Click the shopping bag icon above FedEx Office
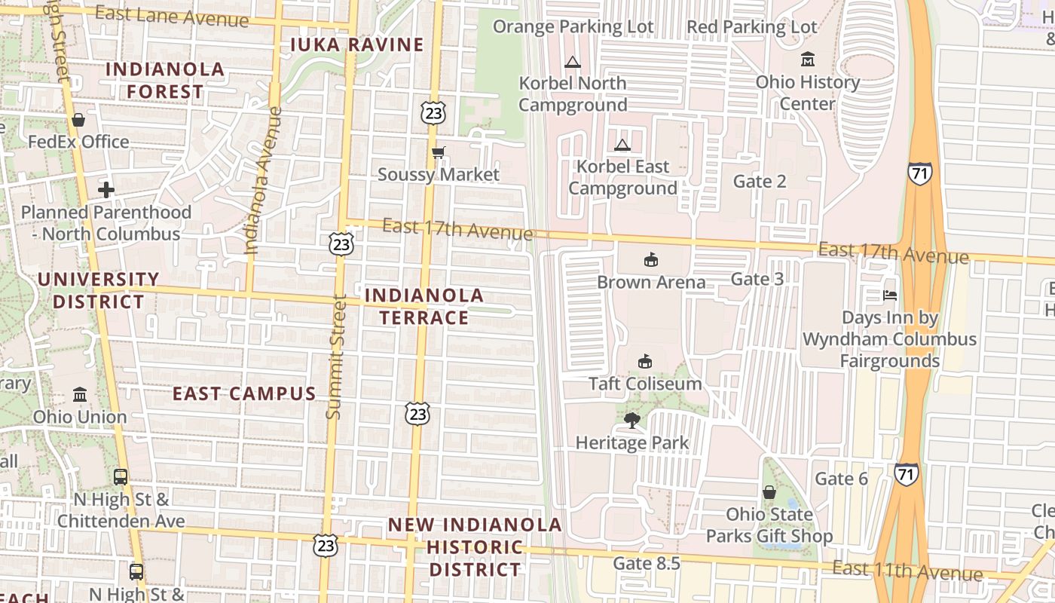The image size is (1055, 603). tap(78, 120)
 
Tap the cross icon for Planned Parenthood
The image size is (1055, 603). tap(106, 190)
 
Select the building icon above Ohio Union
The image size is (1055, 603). tap(80, 394)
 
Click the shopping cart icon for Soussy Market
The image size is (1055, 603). tap(438, 153)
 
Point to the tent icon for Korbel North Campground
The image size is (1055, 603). tap(573, 62)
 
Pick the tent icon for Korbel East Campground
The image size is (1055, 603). tap(622, 145)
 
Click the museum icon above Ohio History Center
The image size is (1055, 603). tap(808, 59)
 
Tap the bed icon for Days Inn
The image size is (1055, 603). tap(890, 295)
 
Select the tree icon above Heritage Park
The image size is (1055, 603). tap(632, 420)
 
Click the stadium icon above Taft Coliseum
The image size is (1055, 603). tap(645, 362)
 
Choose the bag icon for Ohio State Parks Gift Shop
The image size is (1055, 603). tap(769, 493)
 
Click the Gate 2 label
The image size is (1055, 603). tap(760, 181)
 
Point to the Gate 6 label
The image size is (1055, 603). tap(842, 479)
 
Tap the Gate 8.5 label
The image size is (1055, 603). tap(647, 563)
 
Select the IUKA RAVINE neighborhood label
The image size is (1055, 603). tap(357, 44)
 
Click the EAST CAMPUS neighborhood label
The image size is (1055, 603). tap(244, 393)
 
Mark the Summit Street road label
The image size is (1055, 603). tap(336, 358)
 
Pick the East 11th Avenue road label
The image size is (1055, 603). tap(907, 571)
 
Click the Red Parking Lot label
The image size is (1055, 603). tap(751, 27)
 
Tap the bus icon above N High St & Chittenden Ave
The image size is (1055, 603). tap(121, 476)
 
